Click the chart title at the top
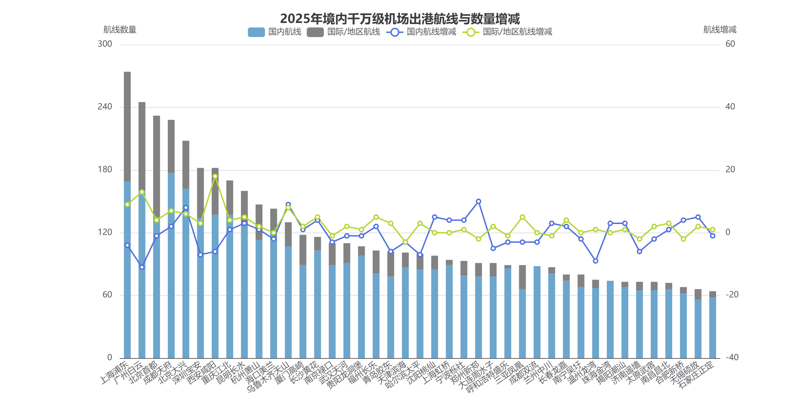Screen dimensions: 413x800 (x=400, y=19)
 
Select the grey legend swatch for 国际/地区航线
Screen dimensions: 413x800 (x=315, y=32)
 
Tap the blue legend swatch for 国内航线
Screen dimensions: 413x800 (x=256, y=32)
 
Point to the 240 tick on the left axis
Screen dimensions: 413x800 (x=105, y=107)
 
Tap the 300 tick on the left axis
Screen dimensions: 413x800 (x=105, y=44)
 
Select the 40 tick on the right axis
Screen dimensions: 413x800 (x=730, y=107)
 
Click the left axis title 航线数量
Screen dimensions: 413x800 (x=120, y=30)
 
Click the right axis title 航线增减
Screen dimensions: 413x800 (x=720, y=30)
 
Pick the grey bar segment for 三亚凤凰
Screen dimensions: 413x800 (x=522, y=277)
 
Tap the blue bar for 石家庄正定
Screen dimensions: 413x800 (x=712, y=328)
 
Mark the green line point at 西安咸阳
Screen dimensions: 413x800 (x=215, y=176)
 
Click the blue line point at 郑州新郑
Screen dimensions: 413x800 (x=478, y=201)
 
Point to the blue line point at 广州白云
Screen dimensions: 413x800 (x=142, y=267)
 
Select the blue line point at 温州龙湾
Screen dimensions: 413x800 (x=596, y=261)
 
